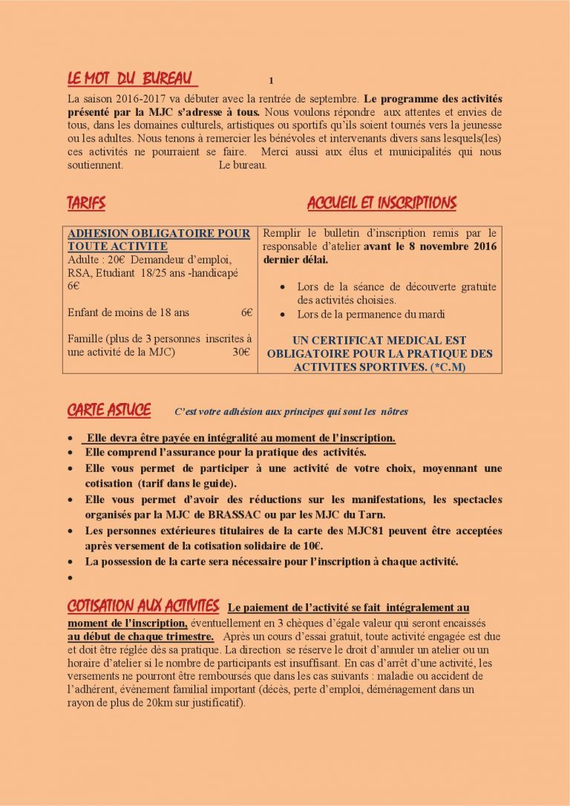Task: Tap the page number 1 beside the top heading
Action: pyautogui.click(x=272, y=80)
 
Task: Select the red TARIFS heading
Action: pyautogui.click(x=86, y=203)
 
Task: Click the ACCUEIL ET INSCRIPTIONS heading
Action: pyautogui.click(x=381, y=203)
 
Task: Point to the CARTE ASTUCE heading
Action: pyautogui.click(x=109, y=410)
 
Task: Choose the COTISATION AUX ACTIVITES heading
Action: pyautogui.click(x=143, y=606)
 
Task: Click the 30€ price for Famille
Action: pyautogui.click(x=241, y=353)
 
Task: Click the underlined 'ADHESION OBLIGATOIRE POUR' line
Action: pyautogui.click(x=159, y=233)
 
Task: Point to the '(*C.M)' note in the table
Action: pyautogui.click(x=448, y=367)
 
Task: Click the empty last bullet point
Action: pyautogui.click(x=70, y=577)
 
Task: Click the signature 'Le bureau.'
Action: pyautogui.click(x=243, y=165)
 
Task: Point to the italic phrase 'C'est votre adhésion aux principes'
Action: pyautogui.click(x=246, y=411)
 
